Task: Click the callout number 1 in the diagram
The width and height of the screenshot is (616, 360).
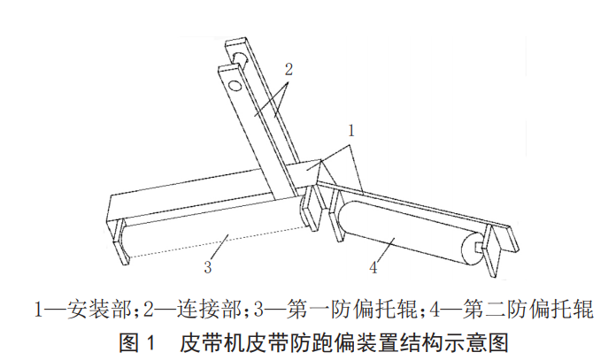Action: click(x=352, y=129)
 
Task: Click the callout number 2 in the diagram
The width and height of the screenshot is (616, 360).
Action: click(x=289, y=69)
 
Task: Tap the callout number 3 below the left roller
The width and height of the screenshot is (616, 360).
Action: click(x=209, y=266)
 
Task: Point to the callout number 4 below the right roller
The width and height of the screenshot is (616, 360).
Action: click(x=373, y=265)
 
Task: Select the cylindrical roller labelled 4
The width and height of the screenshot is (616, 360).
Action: click(x=403, y=232)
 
